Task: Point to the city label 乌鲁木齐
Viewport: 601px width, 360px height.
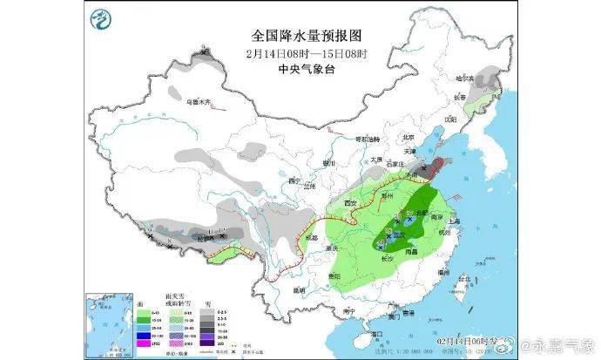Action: pos(200,102)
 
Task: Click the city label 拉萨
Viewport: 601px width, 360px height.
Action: pos(206,238)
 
